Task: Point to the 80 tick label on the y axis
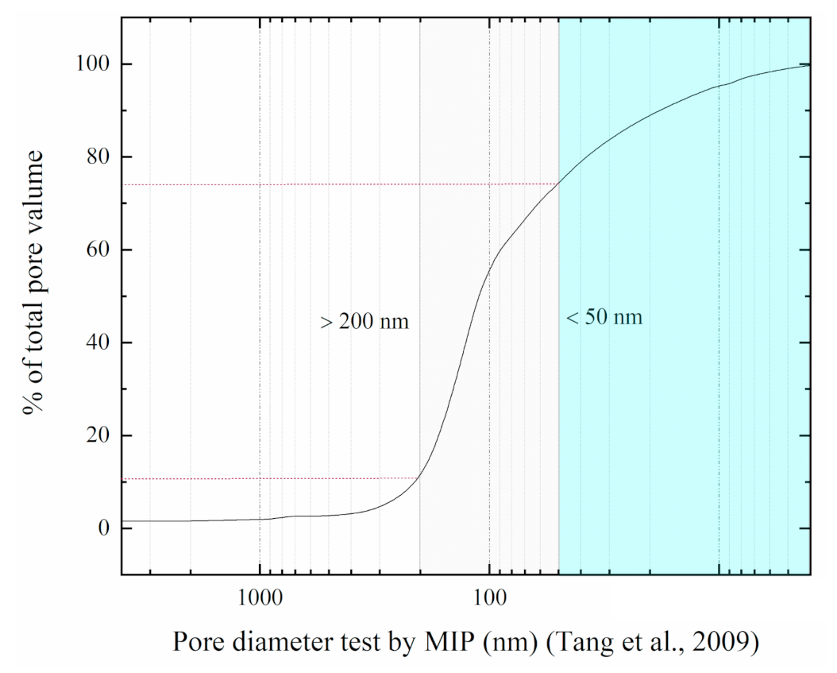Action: [93, 157]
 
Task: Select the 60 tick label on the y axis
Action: [93, 249]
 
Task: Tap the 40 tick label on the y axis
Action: [93, 342]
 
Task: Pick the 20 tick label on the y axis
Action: [93, 435]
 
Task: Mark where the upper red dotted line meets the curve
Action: [558, 184]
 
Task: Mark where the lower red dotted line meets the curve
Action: [419, 478]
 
